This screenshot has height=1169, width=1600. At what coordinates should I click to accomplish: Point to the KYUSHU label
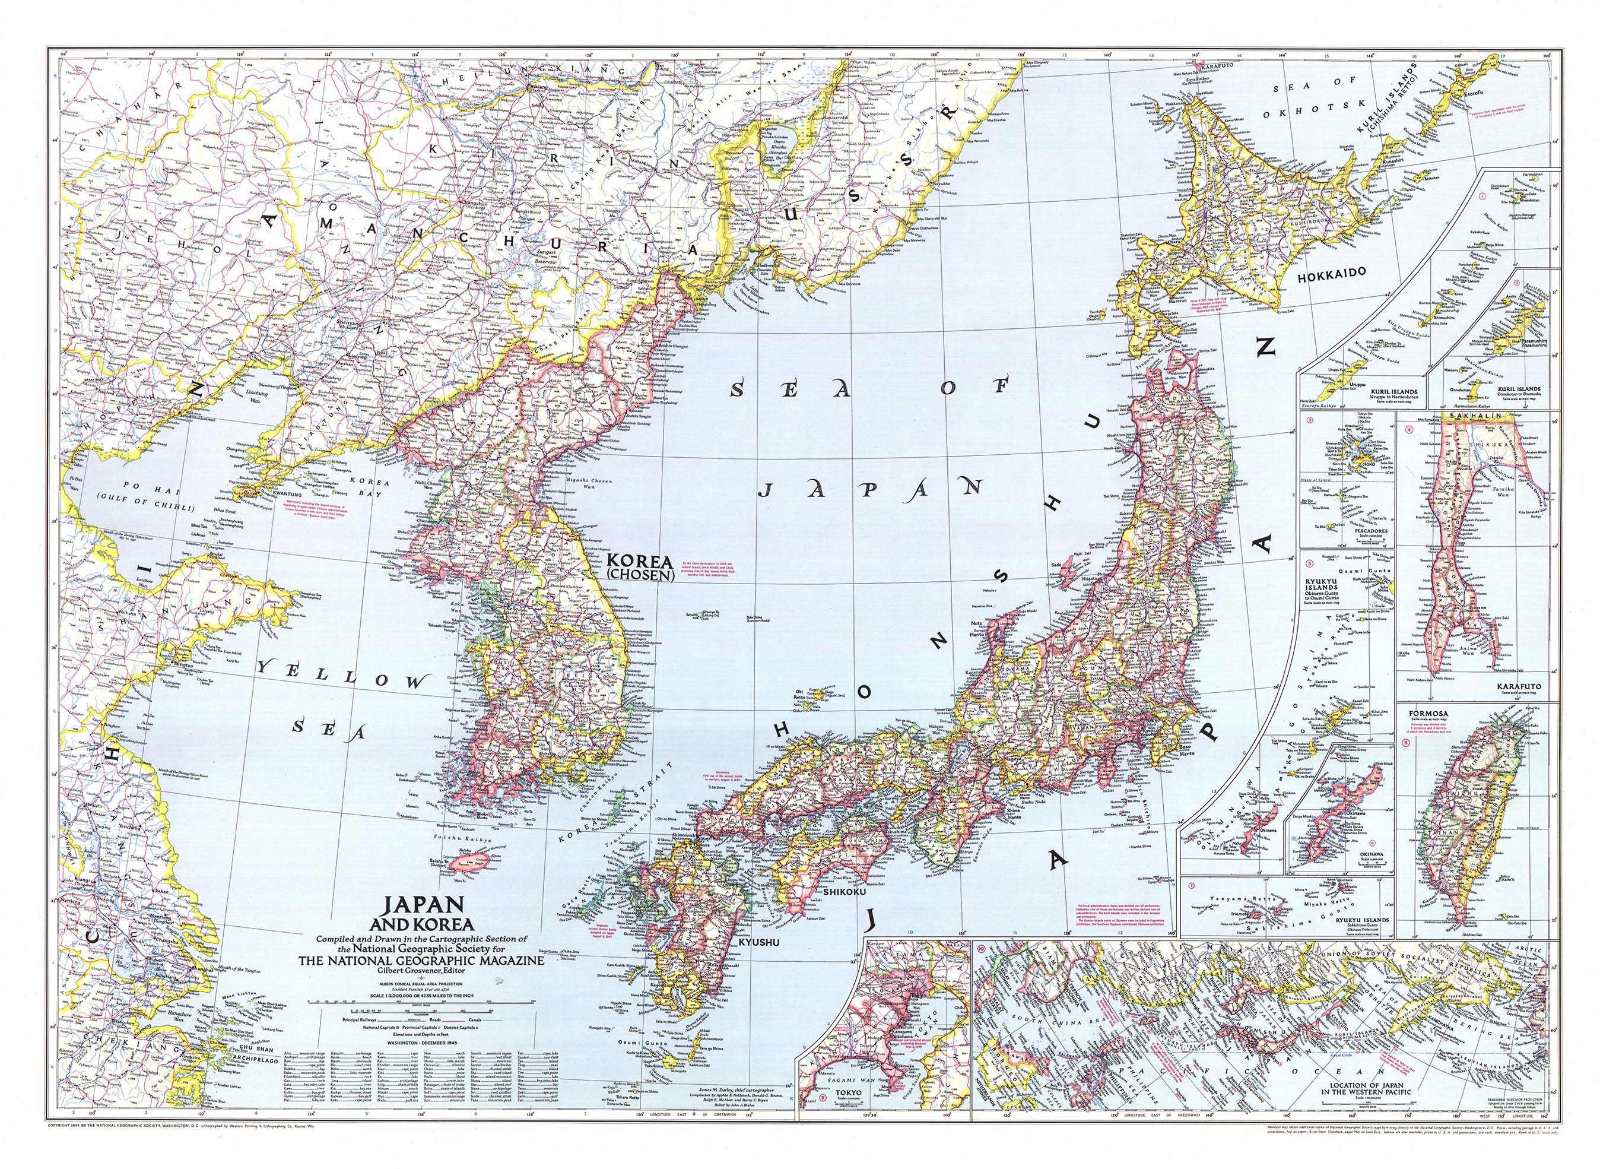[758, 943]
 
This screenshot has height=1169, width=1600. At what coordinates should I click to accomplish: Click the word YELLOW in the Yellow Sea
[343, 675]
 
